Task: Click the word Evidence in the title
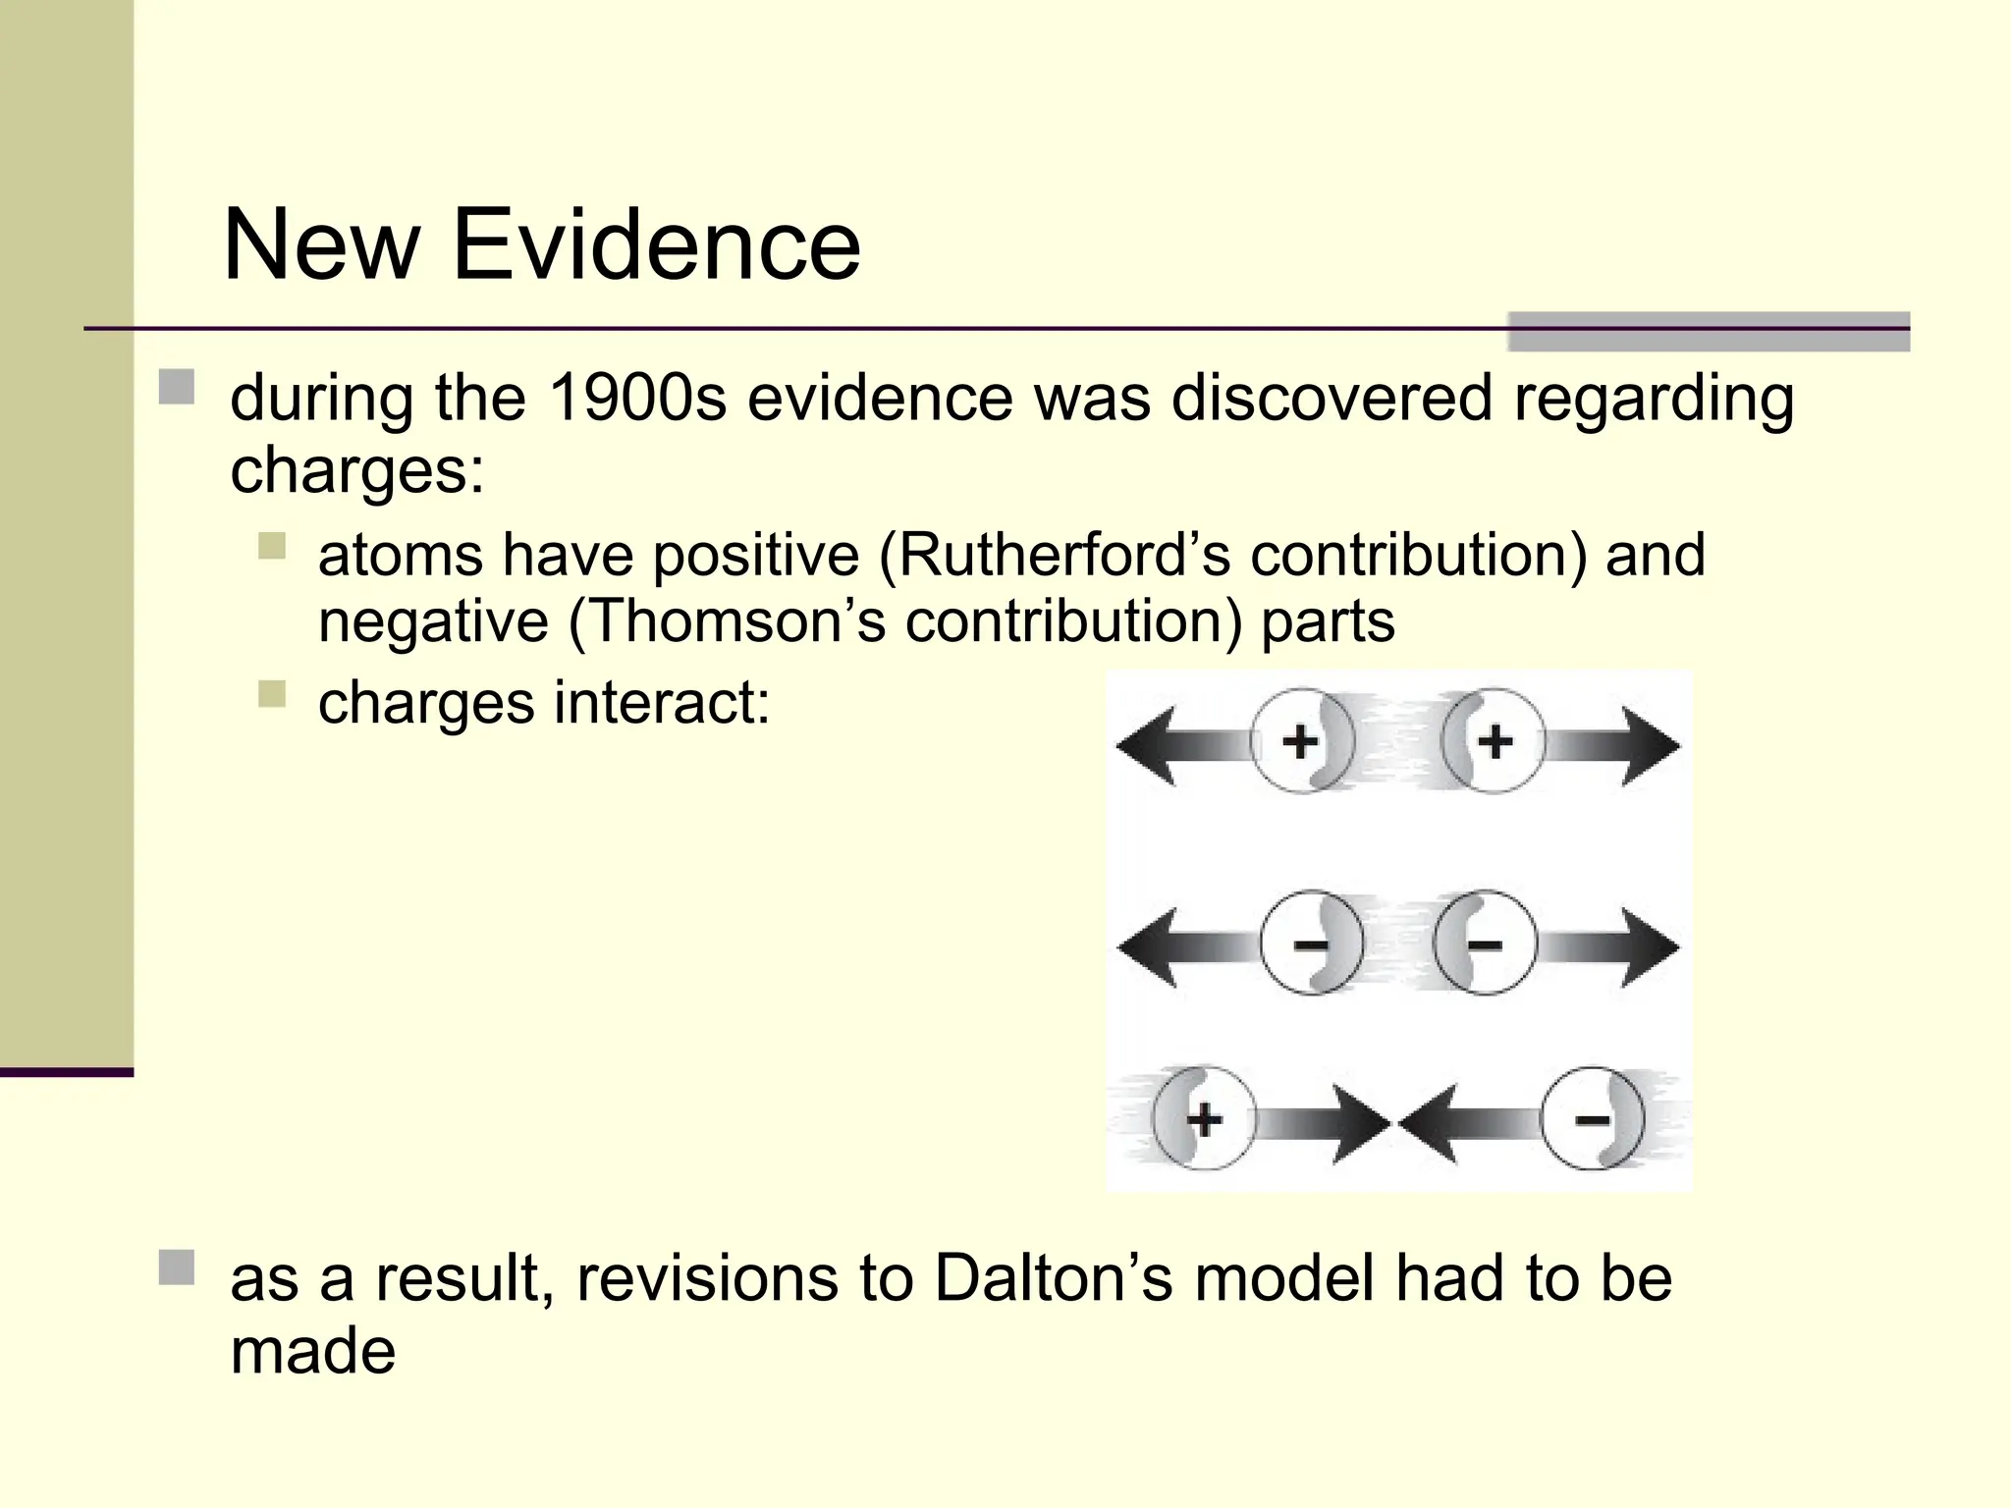(x=655, y=245)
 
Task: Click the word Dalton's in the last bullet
(x=1054, y=1278)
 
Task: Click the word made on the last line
(x=312, y=1351)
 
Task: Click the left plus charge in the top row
(x=1301, y=741)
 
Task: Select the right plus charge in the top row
(x=1494, y=741)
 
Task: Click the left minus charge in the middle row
(x=1311, y=944)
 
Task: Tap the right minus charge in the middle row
(x=1484, y=944)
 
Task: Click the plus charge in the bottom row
(x=1204, y=1118)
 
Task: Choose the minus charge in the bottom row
(x=1592, y=1118)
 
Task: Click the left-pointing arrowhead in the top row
(x=1149, y=745)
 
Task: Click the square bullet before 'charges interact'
(x=272, y=694)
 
